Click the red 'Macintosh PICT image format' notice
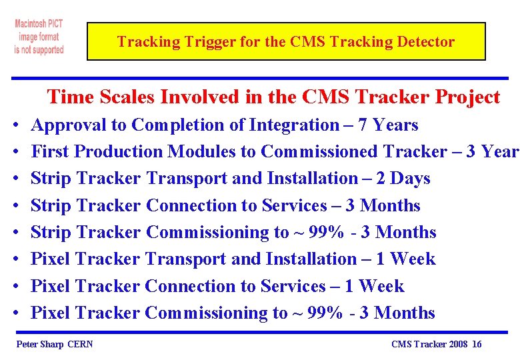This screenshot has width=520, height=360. tap(39, 37)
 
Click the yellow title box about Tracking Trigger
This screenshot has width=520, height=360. tap(286, 42)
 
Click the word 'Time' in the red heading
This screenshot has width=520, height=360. tap(70, 97)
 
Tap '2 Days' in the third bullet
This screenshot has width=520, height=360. tap(408, 179)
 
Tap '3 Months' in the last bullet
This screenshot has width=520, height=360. tap(397, 313)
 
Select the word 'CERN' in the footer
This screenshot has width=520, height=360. tap(81, 344)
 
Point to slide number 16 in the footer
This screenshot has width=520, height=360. tap(476, 344)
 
